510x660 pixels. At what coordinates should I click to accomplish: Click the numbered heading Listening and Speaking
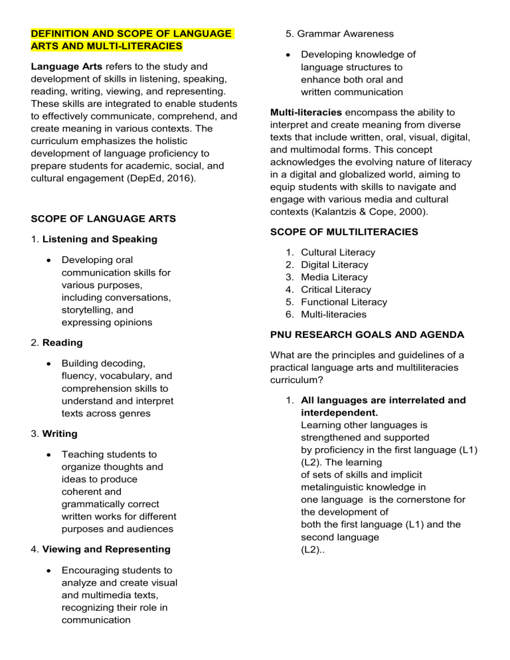coord(100,238)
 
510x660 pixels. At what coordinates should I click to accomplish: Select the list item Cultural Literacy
coord(338,252)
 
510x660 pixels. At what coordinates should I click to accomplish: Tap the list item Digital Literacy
coord(335,265)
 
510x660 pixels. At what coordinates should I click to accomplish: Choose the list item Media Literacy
coord(334,277)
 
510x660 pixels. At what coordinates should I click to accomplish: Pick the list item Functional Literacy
coord(343,302)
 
